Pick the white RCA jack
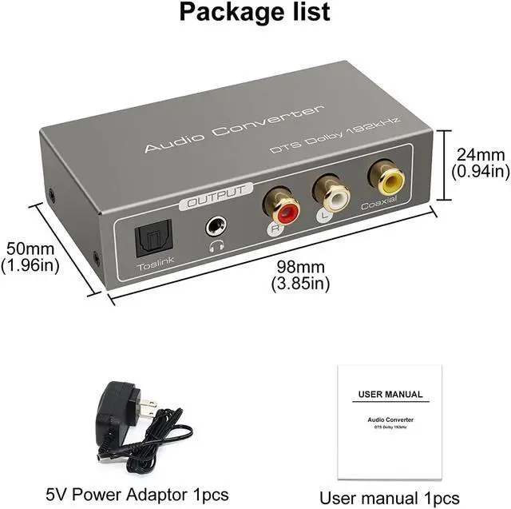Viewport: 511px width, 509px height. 330,192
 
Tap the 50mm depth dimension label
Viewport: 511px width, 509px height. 30,256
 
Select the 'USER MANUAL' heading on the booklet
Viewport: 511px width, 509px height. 390,394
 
